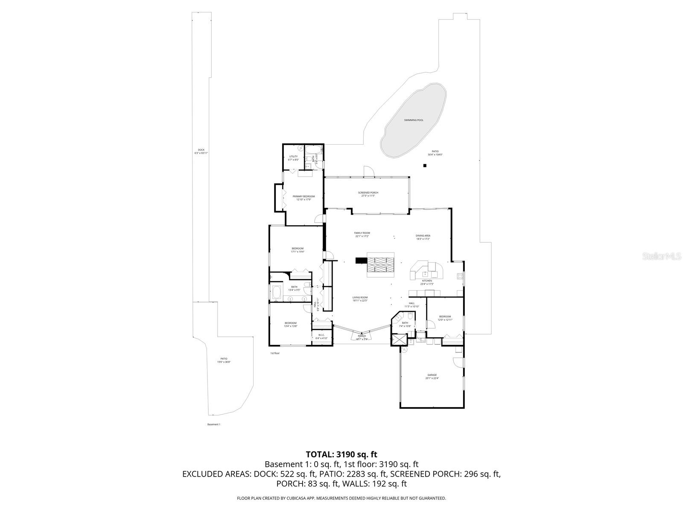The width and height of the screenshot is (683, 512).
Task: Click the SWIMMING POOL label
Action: pyautogui.click(x=414, y=120)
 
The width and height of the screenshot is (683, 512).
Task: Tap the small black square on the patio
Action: pyautogui.click(x=425, y=166)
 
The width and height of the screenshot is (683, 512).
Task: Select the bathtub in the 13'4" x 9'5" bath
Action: pyautogui.click(x=276, y=293)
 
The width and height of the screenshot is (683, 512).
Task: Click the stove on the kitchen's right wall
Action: pyautogui.click(x=460, y=276)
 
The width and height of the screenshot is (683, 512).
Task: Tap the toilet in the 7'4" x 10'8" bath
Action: pyautogui.click(x=410, y=316)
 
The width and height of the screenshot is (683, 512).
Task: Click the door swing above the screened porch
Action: pyautogui.click(x=368, y=171)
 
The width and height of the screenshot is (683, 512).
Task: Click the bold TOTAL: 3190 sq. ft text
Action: pyautogui.click(x=341, y=454)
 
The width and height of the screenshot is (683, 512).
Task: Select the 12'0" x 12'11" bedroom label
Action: pyautogui.click(x=445, y=318)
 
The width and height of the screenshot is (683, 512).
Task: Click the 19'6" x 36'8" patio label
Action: pyautogui.click(x=224, y=360)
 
